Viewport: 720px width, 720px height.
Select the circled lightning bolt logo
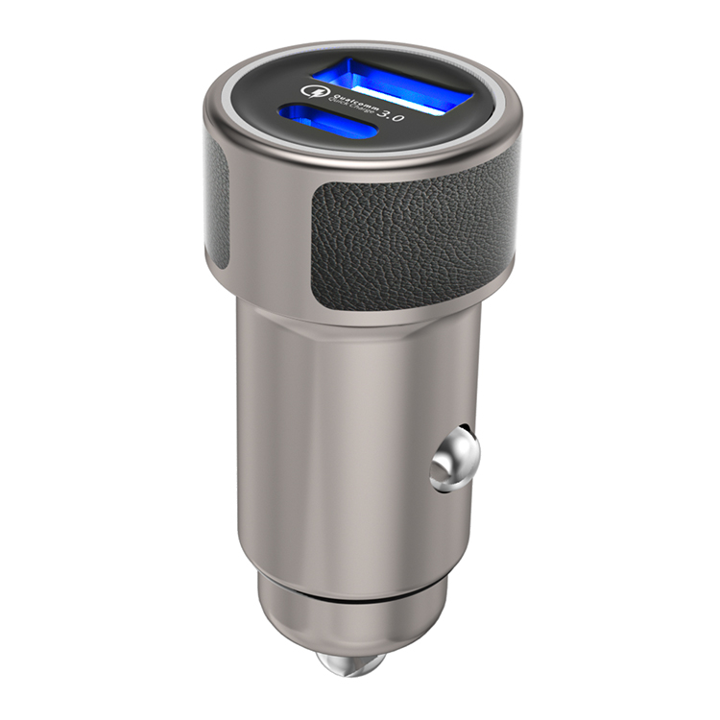pos(312,91)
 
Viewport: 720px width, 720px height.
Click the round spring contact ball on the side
pos(453,459)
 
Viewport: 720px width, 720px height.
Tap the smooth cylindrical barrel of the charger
pos(336,451)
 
